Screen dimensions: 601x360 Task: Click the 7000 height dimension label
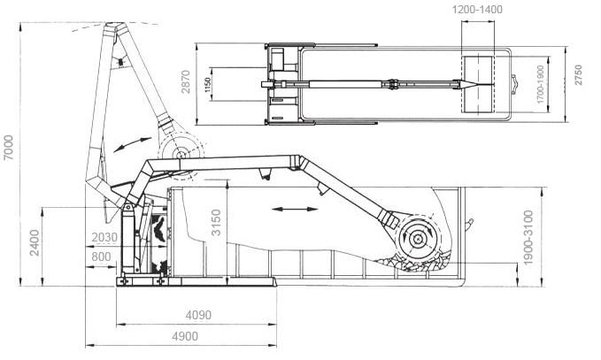pos(8,147)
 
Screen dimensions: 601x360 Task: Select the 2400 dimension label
pos(35,242)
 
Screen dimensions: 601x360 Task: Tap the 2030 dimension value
pos(104,237)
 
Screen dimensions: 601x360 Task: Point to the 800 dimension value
pos(101,257)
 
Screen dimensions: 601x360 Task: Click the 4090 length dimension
pos(198,315)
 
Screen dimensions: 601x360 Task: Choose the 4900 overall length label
pos(185,336)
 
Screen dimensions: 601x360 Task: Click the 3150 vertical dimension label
pos(216,223)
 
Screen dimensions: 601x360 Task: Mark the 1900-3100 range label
pos(528,237)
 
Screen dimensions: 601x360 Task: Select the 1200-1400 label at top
pos(477,9)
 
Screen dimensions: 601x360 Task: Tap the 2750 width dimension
pos(578,74)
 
